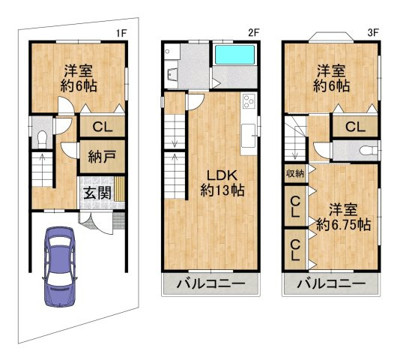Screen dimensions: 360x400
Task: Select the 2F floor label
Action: click(x=253, y=32)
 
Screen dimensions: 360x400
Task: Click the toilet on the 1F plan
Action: click(x=43, y=138)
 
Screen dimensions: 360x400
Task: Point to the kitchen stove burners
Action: click(x=249, y=103)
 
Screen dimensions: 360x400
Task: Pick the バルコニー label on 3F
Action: click(x=330, y=285)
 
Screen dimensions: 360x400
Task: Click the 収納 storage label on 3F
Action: click(x=294, y=174)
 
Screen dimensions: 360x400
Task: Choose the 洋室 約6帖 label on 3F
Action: click(x=331, y=78)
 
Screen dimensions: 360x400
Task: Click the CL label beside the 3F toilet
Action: click(x=355, y=127)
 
